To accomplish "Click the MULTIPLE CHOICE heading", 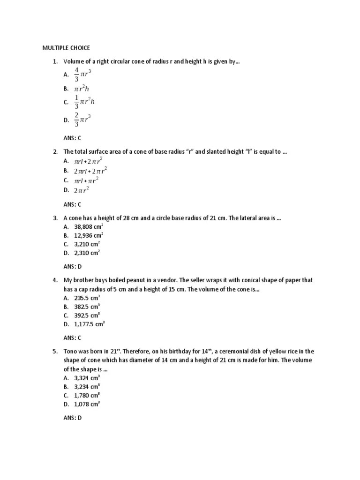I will (66, 48).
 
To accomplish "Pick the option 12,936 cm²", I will (89, 236).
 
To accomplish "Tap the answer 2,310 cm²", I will (87, 253).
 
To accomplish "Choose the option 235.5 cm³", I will (87, 298).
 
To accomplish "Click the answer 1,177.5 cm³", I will (89, 323).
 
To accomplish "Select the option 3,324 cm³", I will (87, 378).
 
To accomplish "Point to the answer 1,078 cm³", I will (87, 404).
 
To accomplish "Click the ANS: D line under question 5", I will (73, 418).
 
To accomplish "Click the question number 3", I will (55, 218).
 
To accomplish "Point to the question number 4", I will (55, 280).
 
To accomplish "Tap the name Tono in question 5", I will (71, 351).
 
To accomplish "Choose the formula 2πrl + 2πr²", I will (91, 171).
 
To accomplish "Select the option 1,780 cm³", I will (87, 395).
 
